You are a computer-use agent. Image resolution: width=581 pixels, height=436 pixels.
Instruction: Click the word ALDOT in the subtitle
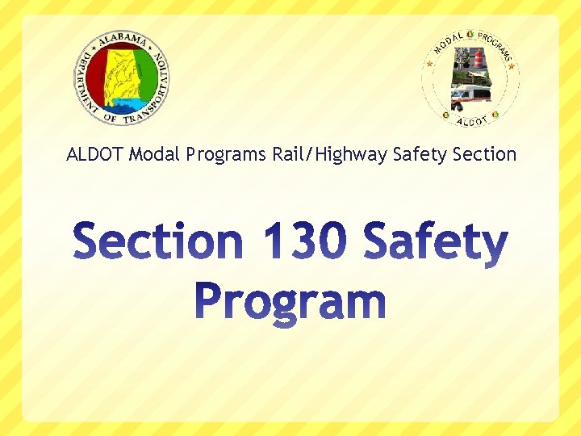95,153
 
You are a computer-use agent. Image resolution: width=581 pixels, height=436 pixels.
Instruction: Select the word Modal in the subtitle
154,153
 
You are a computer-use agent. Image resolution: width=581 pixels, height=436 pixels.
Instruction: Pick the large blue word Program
290,301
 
